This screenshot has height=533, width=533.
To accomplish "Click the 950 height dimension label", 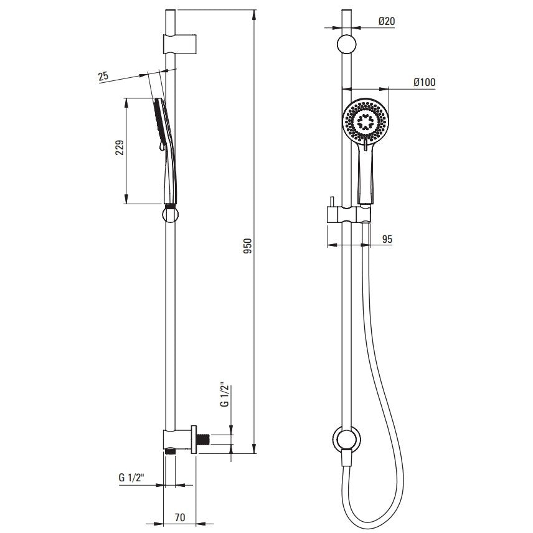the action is point(248,246).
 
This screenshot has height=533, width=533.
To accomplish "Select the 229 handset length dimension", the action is point(120,147).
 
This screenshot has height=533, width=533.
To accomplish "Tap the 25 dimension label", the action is point(104,76).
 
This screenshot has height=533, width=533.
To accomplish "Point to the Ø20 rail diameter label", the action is point(387,21).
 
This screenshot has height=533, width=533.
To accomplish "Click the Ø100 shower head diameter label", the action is point(424,82).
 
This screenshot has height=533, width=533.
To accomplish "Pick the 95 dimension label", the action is point(387,239).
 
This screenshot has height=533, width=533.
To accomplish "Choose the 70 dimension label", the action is point(180,517).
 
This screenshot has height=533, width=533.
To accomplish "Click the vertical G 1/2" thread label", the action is point(224,395).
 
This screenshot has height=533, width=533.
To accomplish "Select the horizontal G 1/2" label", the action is point(131,478).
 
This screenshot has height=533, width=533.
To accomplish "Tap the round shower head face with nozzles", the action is point(366,121).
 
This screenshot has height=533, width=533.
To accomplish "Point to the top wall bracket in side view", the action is point(180,44).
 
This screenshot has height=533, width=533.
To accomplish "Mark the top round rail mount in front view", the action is point(346,45).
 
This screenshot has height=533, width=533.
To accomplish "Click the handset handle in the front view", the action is point(366,173).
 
